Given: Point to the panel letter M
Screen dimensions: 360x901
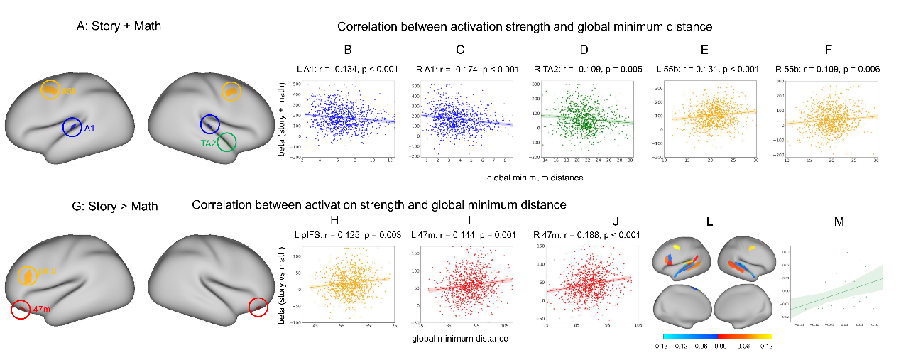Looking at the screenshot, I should (839, 222).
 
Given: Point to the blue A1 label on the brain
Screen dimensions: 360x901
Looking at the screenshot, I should (89, 129).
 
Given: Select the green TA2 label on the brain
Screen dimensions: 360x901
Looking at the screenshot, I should (209, 143).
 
